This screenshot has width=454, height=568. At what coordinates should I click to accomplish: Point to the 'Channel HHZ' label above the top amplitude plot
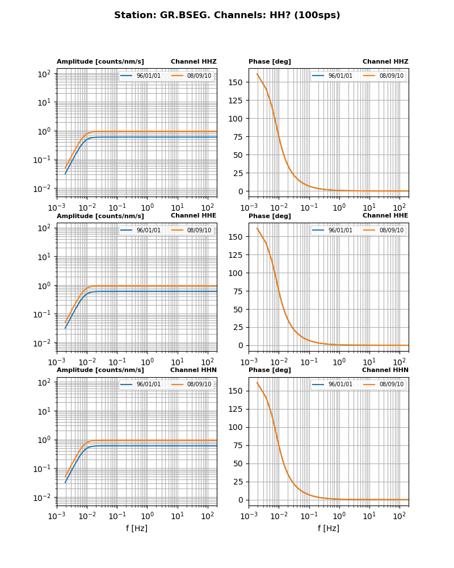click(194, 62)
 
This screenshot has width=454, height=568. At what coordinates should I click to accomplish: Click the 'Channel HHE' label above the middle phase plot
click(385, 216)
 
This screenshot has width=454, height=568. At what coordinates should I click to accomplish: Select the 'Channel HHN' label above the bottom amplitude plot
click(194, 370)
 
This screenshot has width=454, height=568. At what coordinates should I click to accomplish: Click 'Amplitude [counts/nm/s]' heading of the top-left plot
click(100, 62)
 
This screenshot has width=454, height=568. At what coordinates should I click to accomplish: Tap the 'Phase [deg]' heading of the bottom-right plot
click(270, 370)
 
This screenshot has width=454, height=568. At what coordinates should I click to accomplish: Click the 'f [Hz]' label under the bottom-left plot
click(137, 528)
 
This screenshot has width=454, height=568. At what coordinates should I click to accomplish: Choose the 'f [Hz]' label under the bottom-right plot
click(329, 528)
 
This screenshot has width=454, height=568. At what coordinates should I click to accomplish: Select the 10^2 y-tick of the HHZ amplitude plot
click(44, 74)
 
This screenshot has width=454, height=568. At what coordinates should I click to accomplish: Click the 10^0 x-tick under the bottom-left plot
click(148, 516)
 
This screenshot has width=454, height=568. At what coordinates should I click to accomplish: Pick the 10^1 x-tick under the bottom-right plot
click(369, 516)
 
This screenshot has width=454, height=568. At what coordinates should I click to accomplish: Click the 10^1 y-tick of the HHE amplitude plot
click(44, 257)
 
